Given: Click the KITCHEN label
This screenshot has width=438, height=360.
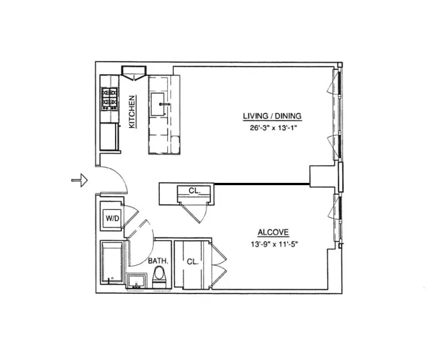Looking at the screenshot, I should pyautogui.click(x=132, y=112).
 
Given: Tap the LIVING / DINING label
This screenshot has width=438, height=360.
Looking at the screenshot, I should pyautogui.click(x=272, y=116).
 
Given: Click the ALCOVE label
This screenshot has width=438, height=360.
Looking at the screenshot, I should pyautogui.click(x=273, y=232).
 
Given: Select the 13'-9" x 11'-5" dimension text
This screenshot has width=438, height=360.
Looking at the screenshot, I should pyautogui.click(x=273, y=244).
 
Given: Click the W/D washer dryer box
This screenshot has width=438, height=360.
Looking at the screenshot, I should pyautogui.click(x=111, y=217).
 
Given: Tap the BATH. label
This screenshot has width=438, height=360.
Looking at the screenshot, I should pyautogui.click(x=158, y=261).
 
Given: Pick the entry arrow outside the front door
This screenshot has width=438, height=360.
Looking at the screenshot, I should pyautogui.click(x=79, y=181).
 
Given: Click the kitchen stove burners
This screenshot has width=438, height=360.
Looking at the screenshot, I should pyautogui.click(x=109, y=98).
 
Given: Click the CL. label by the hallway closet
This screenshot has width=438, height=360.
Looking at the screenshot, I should pyautogui.click(x=194, y=190).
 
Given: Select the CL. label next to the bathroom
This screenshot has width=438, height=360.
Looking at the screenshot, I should pyautogui.click(x=193, y=262).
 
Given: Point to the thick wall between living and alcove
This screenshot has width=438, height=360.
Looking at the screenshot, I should pyautogui.click(x=262, y=184).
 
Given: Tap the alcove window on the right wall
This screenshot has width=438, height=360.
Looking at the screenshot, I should pyautogui.click(x=336, y=216).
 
